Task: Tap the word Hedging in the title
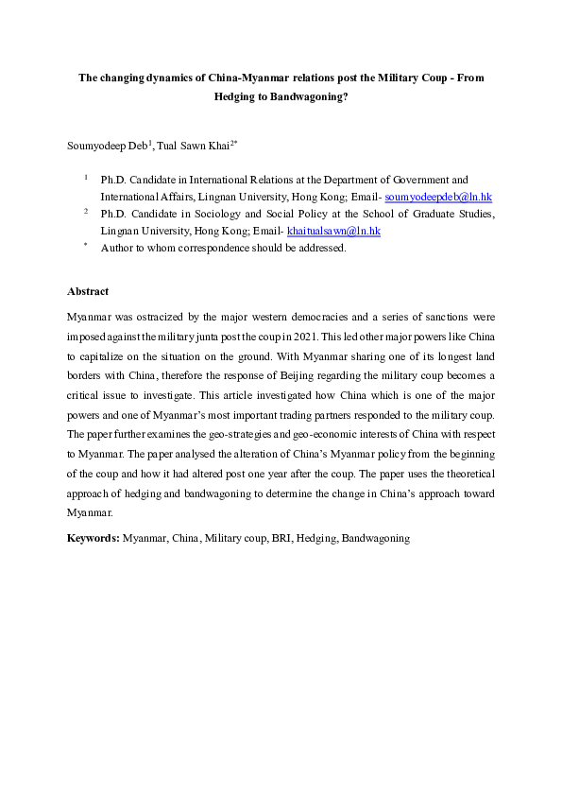[x=235, y=95]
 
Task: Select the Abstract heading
[x=88, y=291]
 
